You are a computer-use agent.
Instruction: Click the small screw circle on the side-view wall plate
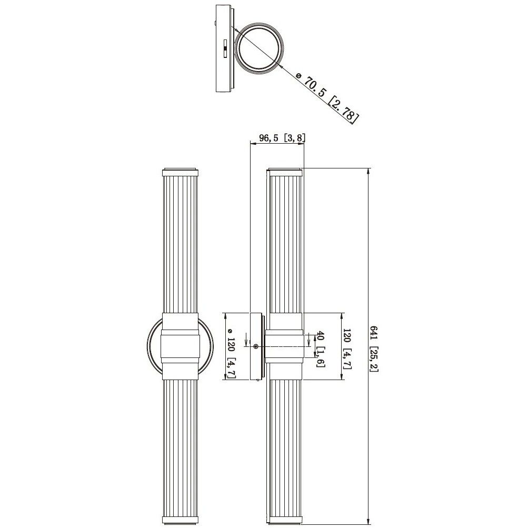[256, 346]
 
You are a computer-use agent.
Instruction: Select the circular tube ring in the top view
[260, 48]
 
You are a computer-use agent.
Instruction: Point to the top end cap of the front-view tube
[180, 172]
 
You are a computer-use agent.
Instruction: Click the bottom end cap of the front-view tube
[180, 523]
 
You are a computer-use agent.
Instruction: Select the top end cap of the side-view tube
[285, 172]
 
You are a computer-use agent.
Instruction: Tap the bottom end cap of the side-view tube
[285, 523]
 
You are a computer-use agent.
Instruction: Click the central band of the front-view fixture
[180, 346]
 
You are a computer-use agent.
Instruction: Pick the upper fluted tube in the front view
[180, 242]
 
